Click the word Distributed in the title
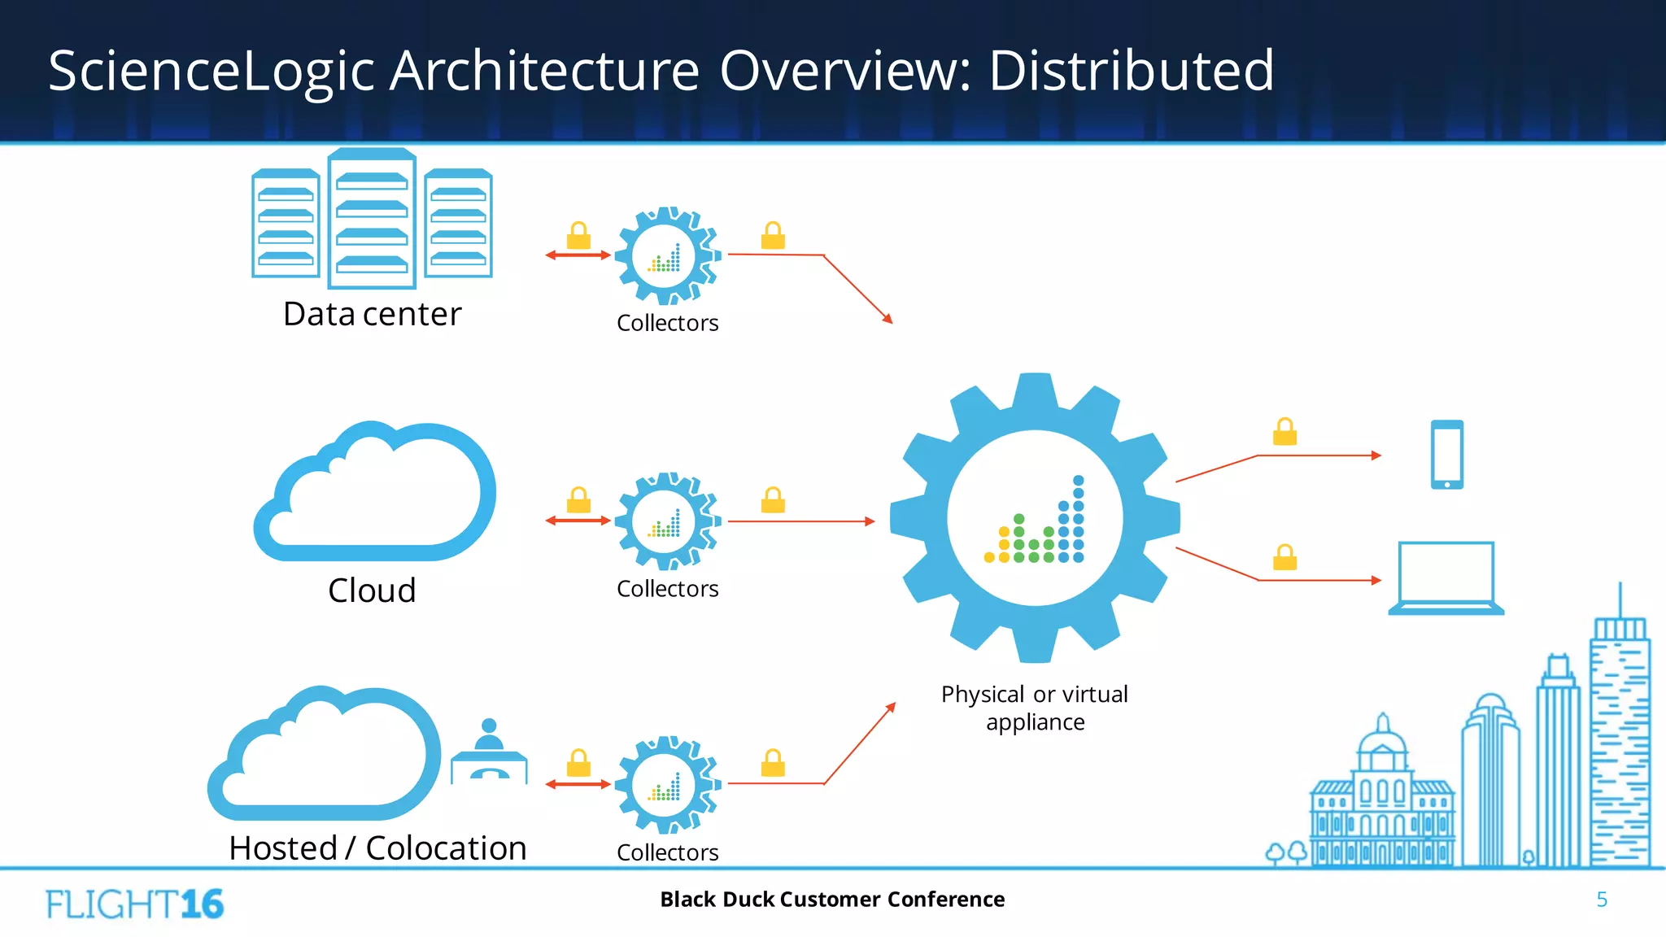(x=1131, y=71)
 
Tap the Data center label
(x=372, y=314)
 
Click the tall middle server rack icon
(x=372, y=220)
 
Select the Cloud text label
(x=372, y=591)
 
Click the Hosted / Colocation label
(x=377, y=848)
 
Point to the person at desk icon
(x=489, y=750)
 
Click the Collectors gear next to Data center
(x=667, y=255)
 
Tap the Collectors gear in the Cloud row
(x=667, y=521)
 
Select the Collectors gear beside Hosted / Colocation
(x=667, y=785)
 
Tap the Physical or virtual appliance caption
(x=1035, y=708)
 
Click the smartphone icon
(x=1446, y=455)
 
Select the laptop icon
(x=1446, y=578)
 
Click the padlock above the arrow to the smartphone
(x=1284, y=432)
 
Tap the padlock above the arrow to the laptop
(x=1284, y=558)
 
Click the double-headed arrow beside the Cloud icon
(x=578, y=521)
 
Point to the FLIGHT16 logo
(x=134, y=904)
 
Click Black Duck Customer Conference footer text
(x=832, y=900)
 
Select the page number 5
(x=1601, y=900)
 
